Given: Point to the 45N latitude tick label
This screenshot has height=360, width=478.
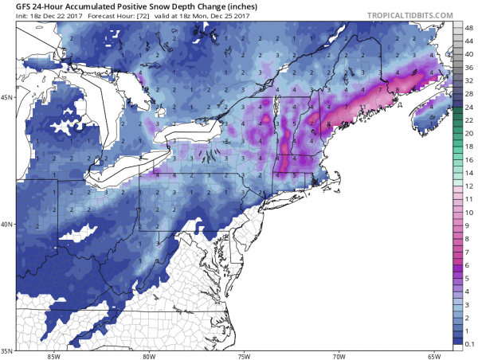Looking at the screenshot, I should point(9,97).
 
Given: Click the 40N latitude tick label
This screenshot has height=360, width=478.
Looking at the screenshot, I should point(9,224).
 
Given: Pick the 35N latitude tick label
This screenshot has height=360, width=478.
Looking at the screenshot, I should point(9,350).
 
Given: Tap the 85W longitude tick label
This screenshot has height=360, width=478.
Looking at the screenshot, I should point(54,356).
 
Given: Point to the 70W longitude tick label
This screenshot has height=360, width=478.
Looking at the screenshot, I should point(339,356).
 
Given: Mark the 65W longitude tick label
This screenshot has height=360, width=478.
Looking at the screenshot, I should point(433,356).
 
